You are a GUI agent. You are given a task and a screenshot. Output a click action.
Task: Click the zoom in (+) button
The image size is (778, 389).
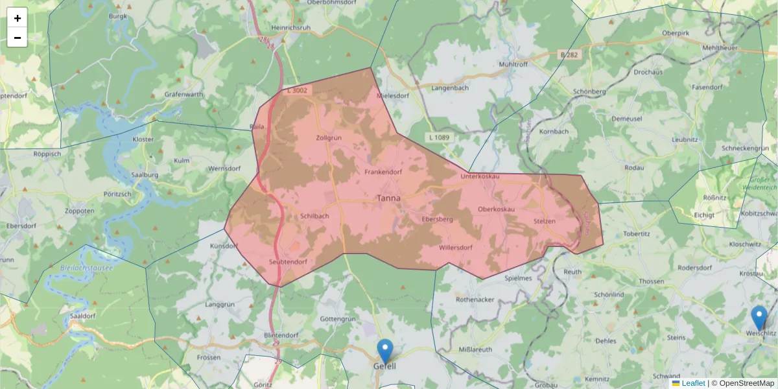(18, 18)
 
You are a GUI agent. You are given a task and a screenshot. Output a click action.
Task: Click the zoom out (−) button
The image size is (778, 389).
(18, 38)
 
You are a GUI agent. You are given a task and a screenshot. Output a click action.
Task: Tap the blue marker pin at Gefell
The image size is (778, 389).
(385, 351)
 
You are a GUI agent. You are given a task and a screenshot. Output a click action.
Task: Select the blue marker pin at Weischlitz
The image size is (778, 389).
(759, 318)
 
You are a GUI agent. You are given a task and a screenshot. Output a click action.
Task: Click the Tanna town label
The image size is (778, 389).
(389, 198)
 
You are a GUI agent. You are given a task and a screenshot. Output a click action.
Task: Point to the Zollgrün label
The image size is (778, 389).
(328, 138)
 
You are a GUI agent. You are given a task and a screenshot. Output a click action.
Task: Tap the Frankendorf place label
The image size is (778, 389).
(383, 172)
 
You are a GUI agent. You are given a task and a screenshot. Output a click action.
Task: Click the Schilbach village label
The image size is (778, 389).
(315, 216)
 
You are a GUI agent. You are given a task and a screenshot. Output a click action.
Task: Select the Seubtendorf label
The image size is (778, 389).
(288, 262)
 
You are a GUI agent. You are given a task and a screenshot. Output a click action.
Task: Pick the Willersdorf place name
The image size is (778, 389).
(455, 248)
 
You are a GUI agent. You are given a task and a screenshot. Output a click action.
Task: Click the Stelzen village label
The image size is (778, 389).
(545, 221)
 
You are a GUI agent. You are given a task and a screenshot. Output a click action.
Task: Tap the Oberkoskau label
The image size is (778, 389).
(496, 209)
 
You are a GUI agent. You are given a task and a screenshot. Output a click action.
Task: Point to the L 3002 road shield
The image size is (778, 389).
(298, 91)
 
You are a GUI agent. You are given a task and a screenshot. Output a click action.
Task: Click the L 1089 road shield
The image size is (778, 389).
(439, 137)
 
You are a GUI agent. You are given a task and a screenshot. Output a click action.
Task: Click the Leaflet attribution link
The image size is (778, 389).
(692, 383)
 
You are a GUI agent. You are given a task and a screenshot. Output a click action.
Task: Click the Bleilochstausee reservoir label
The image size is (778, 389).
(86, 266)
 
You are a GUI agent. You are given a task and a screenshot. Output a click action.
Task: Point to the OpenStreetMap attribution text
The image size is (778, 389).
(746, 383)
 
